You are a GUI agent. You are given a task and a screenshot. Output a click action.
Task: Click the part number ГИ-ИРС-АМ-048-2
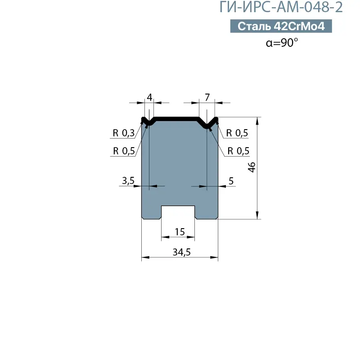(x=281, y=7)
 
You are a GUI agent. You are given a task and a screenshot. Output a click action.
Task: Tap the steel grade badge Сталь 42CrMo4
(x=281, y=26)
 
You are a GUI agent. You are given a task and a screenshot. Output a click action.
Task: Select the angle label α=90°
(x=282, y=42)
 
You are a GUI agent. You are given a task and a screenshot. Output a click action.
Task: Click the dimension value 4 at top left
(x=149, y=98)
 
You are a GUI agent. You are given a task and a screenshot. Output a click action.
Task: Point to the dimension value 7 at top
(x=207, y=98)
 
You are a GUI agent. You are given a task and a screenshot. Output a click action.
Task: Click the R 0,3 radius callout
(x=123, y=133)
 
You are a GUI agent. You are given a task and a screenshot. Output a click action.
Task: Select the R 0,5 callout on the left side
(x=124, y=151)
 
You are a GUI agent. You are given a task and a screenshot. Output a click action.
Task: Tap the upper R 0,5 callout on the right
(x=237, y=133)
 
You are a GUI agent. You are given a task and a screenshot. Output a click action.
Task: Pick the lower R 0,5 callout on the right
(x=238, y=151)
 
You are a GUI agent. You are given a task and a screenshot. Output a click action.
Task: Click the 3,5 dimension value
(x=128, y=181)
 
